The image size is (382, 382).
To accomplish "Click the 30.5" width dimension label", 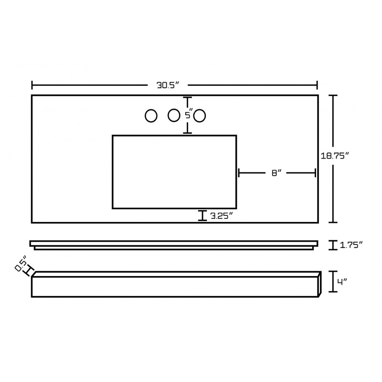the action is (168, 85).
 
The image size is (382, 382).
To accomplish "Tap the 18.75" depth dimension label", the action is (335, 156).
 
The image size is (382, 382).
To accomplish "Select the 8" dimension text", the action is (276, 173).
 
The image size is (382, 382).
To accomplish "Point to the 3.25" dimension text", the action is (222, 216).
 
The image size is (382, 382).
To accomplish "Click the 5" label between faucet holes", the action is (189, 115).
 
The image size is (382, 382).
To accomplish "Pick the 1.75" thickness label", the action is (351, 245).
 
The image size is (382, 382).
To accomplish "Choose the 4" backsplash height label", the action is (342, 282).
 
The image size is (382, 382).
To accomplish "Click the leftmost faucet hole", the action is (151, 116).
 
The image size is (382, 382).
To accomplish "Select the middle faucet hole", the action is (174, 115).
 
